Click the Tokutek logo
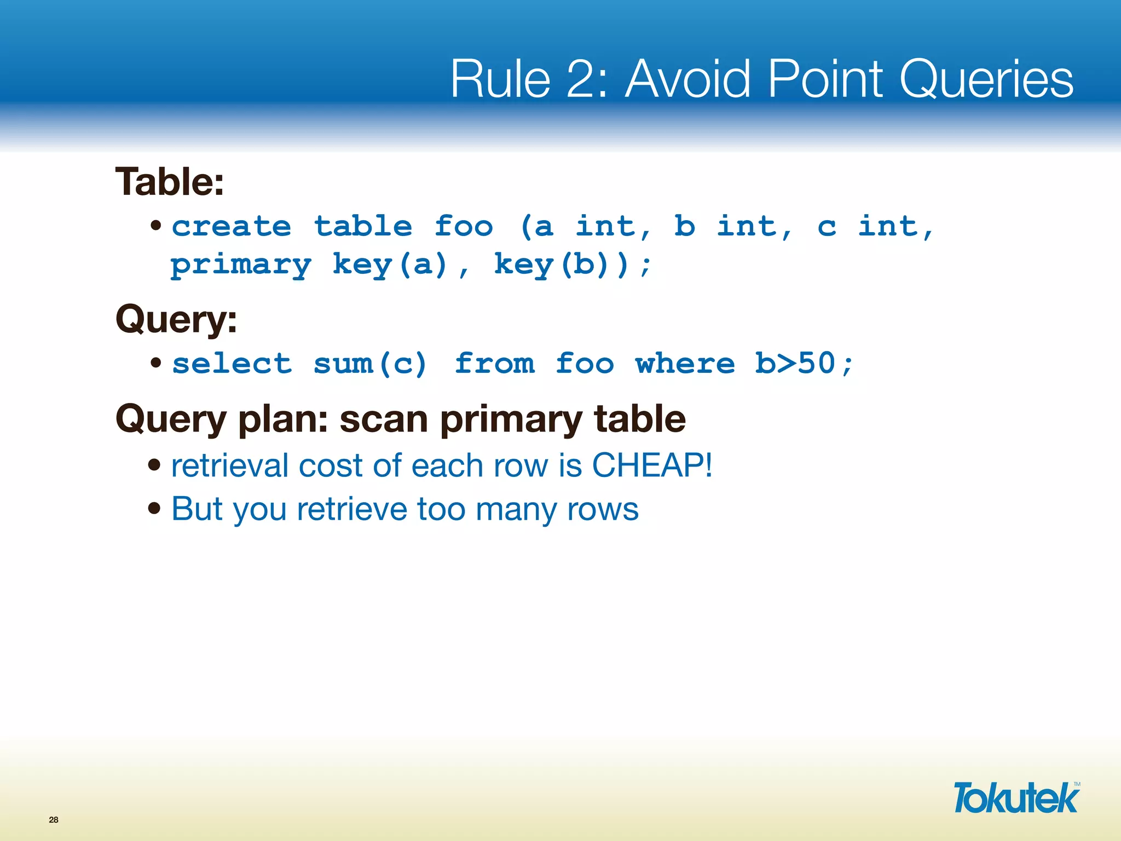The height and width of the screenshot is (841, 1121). [x=1016, y=798]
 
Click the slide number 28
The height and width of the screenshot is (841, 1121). [x=54, y=820]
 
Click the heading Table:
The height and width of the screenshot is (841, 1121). [x=170, y=182]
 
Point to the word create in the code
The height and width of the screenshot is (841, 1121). [x=232, y=226]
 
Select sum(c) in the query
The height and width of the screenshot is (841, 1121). [x=370, y=364]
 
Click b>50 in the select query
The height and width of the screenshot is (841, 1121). [x=795, y=364]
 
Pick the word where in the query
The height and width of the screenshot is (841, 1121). [x=685, y=364]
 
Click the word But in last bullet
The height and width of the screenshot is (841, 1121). [x=197, y=509]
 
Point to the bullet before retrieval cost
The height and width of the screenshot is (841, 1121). [x=154, y=465]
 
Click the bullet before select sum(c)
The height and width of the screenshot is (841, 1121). [x=156, y=362]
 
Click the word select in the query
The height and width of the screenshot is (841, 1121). [x=232, y=364]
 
